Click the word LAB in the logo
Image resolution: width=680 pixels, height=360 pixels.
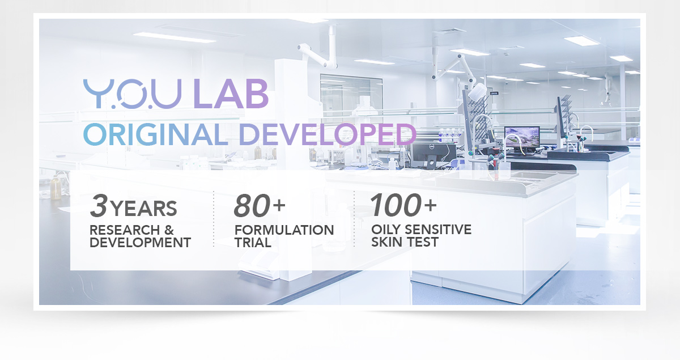click(x=231, y=94)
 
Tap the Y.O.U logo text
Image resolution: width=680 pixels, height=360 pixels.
click(x=133, y=94)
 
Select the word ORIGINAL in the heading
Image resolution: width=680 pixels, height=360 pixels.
click(x=156, y=134)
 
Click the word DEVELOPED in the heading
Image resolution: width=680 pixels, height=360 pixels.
click(x=328, y=134)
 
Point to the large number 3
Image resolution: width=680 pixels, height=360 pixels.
click(x=99, y=206)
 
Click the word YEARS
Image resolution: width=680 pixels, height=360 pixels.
click(x=143, y=209)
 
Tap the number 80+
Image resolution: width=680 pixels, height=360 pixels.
click(x=260, y=206)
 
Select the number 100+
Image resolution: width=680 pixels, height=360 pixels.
click(x=403, y=205)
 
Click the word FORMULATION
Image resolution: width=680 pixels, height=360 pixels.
click(x=284, y=230)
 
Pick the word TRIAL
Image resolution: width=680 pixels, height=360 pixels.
click(x=253, y=243)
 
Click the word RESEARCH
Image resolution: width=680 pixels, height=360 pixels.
click(x=125, y=230)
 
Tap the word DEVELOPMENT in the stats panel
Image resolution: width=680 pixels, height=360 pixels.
click(x=141, y=243)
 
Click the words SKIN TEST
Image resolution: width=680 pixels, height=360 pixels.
click(x=405, y=242)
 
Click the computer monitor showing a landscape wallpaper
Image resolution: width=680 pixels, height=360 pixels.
click(x=522, y=138)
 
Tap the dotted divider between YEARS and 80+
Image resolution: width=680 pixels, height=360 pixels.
click(x=214, y=219)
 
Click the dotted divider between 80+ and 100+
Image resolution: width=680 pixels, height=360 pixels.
click(x=354, y=219)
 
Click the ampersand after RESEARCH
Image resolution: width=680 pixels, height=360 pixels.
click(x=169, y=230)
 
